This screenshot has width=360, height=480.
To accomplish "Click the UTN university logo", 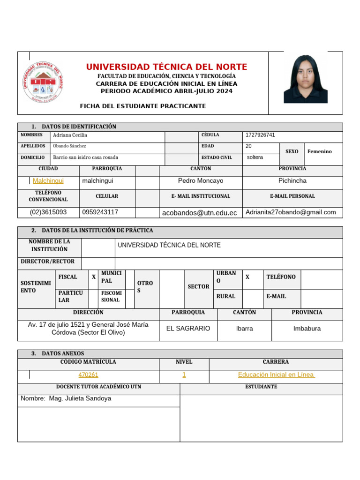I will pos(43,82).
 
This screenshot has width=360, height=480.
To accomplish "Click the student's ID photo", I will pos(305,79).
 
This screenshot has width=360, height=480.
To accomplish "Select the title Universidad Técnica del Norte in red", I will pos(166,67).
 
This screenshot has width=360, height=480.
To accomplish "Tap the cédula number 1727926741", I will pos(260,135).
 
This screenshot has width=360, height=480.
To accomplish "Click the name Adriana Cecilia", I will pos(70,135).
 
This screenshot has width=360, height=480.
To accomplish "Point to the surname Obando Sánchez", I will pos(70,146).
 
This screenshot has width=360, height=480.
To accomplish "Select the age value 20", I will pos(248,146).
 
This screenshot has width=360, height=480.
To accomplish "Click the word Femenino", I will pos(319,151).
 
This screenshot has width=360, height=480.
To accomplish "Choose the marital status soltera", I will pos(255,157).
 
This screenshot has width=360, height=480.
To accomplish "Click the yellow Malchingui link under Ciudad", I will pos(48,180).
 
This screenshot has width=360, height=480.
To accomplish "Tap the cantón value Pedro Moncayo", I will pos(201,180).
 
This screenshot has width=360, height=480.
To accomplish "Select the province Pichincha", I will pos(292,180).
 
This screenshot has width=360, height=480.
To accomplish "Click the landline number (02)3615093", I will pos(48,212).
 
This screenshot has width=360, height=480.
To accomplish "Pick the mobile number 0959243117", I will pos(100,212).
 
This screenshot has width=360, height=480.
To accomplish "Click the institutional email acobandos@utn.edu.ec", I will pos(199,213).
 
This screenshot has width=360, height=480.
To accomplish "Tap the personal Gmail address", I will pos(291,212).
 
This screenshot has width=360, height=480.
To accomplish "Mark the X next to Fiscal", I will pos(94,277).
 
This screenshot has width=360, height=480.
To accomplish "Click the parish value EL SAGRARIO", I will pos(188,329).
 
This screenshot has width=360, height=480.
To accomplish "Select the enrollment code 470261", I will pos(88,375).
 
